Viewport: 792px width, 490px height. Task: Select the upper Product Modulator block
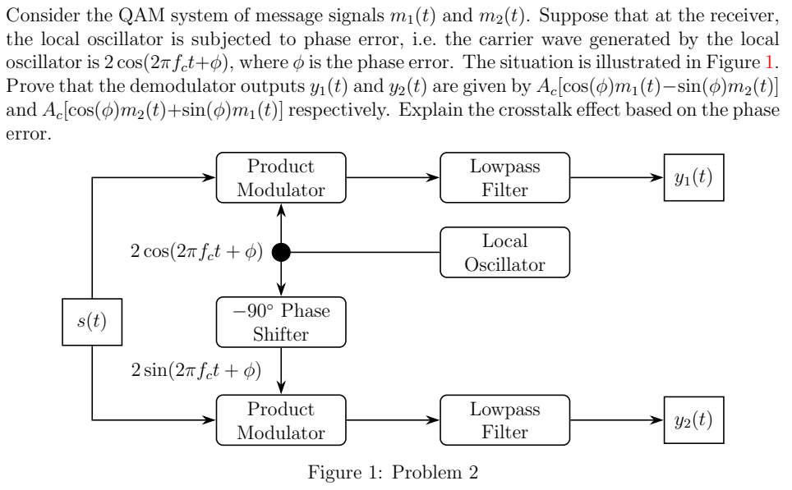[281, 178]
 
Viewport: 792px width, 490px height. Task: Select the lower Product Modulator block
[281, 419]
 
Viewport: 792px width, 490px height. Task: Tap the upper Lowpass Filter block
[504, 178]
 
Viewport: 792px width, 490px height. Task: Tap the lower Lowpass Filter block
[504, 419]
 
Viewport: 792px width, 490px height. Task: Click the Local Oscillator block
[504, 252]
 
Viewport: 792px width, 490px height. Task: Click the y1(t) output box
[693, 178]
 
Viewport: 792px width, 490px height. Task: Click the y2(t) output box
[693, 419]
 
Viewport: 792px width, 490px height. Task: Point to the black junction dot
[281, 252]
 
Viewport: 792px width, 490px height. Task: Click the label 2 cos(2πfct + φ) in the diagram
[196, 252]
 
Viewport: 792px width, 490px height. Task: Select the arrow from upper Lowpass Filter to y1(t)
[616, 178]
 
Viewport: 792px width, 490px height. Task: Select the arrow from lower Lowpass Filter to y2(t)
[616, 419]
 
